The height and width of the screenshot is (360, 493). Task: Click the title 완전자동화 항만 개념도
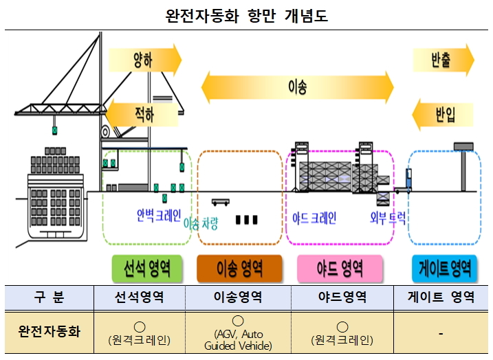(246, 15)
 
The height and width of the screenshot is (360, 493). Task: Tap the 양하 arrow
(144, 60)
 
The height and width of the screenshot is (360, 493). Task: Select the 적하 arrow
(142, 112)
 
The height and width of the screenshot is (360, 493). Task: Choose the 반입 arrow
(443, 112)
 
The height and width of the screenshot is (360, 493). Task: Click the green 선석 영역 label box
(146, 268)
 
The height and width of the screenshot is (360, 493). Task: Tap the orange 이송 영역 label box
(239, 268)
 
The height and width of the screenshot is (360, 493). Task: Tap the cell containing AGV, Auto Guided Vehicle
(238, 333)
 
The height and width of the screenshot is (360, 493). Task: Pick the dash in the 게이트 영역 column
(440, 333)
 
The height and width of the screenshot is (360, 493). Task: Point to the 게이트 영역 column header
(440, 298)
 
